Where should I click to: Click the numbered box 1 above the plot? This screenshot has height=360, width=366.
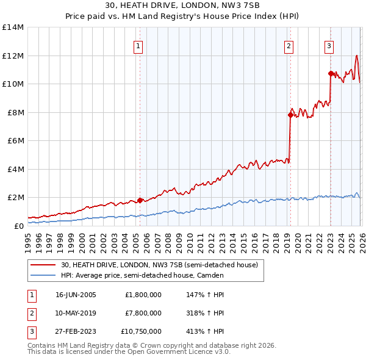pyautogui.click(x=138, y=46)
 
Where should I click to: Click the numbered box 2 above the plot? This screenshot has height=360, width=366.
pyautogui.click(x=289, y=46)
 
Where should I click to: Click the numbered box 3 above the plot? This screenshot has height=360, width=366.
pyautogui.click(x=329, y=46)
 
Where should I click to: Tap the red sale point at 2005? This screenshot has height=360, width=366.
pyautogui.click(x=140, y=200)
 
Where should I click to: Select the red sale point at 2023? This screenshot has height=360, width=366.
pyautogui.click(x=331, y=73)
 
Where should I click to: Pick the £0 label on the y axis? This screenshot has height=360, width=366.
pyautogui.click(x=18, y=226)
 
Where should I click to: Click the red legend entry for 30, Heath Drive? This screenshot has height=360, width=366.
pyautogui.click(x=159, y=265)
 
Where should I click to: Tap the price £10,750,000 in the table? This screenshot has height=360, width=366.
pyautogui.click(x=140, y=331)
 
